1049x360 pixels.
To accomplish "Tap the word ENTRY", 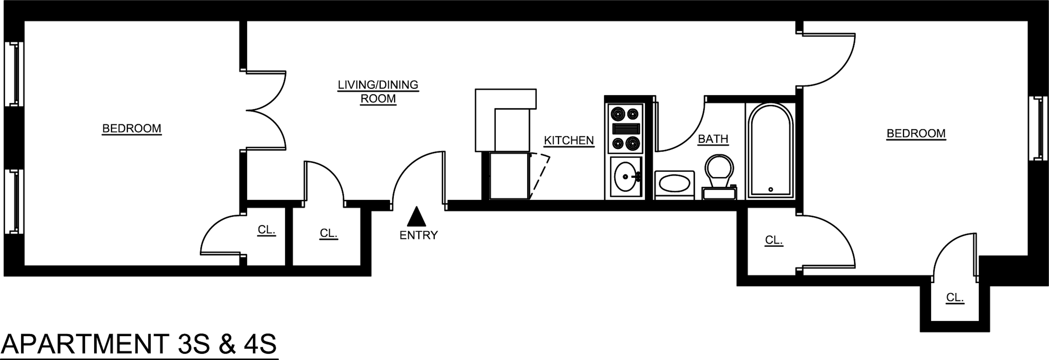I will (x=418, y=235).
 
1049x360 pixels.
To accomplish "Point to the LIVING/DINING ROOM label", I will (x=378, y=92).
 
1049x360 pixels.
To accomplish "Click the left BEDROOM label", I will (x=132, y=129).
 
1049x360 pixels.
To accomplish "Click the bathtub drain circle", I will (x=771, y=189).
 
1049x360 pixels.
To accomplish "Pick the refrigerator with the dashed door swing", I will (x=509, y=175).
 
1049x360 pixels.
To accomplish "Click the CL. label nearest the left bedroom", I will (x=266, y=230).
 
